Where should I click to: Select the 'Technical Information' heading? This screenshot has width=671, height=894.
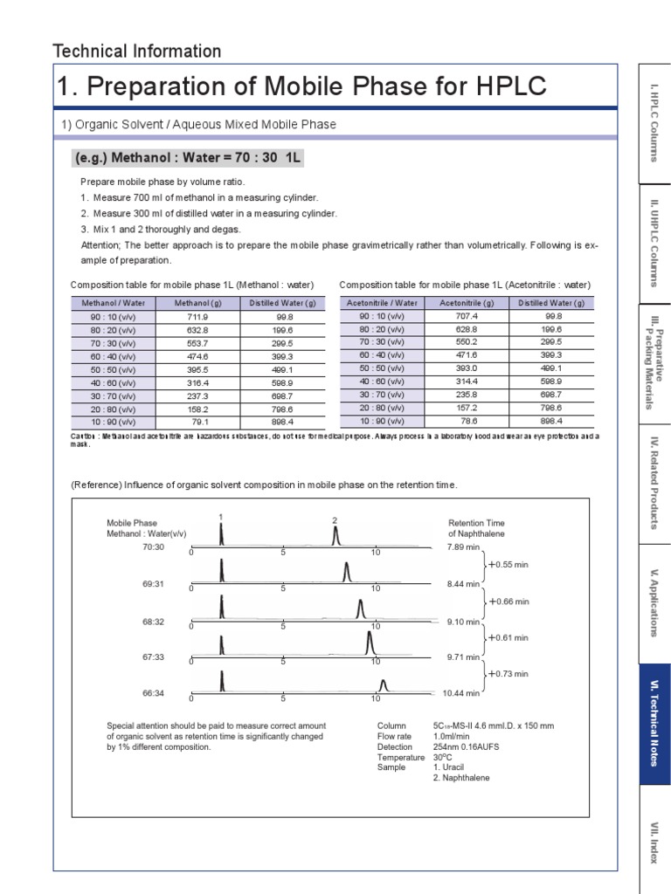[137, 52]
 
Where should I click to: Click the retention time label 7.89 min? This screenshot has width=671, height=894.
[463, 547]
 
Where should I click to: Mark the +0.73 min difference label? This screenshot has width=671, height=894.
[508, 674]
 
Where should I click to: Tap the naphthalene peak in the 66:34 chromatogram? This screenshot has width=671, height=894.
[382, 684]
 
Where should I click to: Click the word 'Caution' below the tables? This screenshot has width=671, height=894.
[84, 436]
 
